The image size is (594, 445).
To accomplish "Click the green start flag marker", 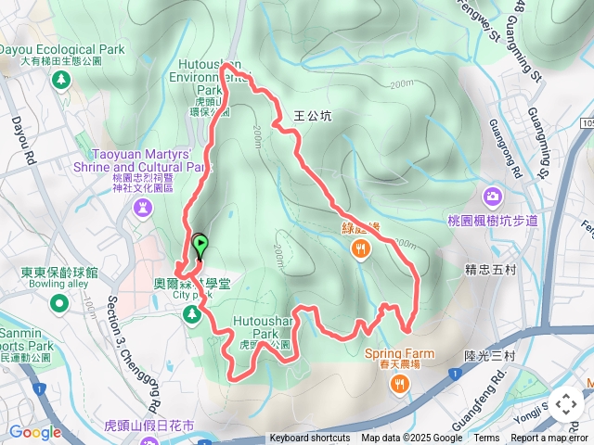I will pos(200,246).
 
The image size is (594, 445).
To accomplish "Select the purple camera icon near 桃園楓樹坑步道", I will pos(492,196).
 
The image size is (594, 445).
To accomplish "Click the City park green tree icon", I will pos(192,316).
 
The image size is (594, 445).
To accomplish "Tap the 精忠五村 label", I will pos(490,271).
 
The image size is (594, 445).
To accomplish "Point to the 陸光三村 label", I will pos(489,355).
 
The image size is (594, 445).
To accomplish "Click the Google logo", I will pos(34,432).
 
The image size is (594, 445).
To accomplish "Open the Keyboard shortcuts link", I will pos(310,439).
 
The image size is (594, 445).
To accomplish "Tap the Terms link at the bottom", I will pos(486,439).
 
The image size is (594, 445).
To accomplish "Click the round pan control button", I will pos(565,404).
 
